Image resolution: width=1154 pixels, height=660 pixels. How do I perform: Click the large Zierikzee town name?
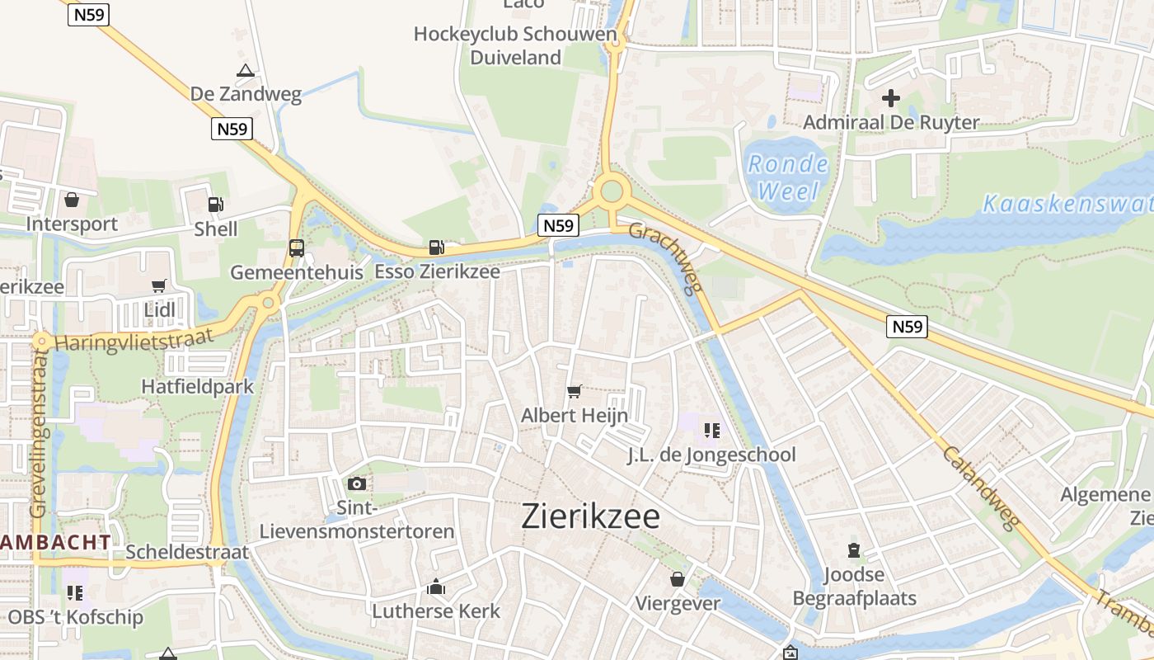(591, 516)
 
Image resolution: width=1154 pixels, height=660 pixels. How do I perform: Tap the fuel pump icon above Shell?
(215, 204)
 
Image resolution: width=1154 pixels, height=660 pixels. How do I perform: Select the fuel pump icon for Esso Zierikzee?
(436, 247)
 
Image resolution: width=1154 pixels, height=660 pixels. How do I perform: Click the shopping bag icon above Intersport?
(72, 200)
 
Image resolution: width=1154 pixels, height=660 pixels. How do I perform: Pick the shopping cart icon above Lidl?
(159, 285)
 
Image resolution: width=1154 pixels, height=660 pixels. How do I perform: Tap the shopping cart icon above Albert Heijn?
(575, 391)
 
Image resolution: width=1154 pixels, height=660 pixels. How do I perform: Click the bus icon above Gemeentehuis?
(296, 247)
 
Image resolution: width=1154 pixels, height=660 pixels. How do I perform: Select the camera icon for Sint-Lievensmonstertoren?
(357, 483)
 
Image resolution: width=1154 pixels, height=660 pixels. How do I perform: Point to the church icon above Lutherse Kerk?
(436, 587)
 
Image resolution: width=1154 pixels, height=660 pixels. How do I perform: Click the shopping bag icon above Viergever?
(678, 579)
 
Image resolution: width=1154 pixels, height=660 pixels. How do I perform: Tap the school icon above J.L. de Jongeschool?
(712, 430)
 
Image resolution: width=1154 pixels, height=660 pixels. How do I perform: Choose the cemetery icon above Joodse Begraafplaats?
(854, 550)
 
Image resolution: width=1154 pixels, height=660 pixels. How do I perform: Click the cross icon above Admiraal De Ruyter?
(891, 98)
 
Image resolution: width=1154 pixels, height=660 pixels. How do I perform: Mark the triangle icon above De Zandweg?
(245, 71)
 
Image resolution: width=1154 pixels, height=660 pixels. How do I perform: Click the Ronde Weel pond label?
(788, 177)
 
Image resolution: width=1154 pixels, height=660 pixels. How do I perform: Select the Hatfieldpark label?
(198, 386)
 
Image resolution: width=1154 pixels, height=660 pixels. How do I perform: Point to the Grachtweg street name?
(668, 258)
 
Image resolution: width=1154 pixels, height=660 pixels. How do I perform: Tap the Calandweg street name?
(981, 487)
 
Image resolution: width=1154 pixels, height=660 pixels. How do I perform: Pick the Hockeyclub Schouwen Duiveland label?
(515, 45)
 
